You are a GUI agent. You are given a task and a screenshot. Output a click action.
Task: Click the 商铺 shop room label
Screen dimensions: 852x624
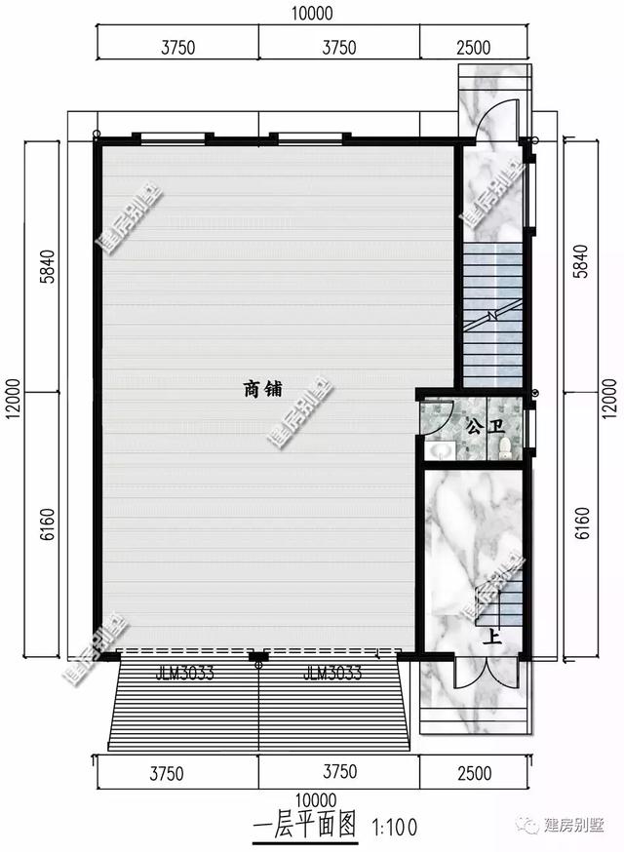[262, 389]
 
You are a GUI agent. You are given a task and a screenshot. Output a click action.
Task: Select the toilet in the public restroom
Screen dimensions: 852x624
[505, 447]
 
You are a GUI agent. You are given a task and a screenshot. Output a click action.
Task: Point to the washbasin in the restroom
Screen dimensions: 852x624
[441, 449]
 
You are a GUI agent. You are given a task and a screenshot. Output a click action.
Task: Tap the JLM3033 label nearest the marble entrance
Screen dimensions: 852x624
[333, 673]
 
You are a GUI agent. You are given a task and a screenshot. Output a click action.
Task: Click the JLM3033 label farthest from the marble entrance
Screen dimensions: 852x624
[184, 673]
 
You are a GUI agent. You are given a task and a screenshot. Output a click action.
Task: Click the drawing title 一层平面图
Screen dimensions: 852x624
[304, 827]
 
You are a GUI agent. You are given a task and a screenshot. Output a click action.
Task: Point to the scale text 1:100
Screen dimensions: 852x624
[394, 828]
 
